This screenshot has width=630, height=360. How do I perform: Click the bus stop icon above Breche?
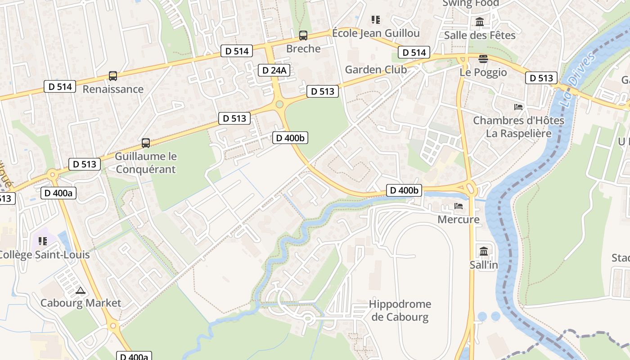click(303, 35)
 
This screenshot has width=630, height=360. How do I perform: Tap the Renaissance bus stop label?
click(113, 89)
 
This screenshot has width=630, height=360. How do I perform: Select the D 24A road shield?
click(274, 70)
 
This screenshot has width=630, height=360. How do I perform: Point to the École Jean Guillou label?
click(376, 33)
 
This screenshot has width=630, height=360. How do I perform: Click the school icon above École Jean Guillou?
click(376, 20)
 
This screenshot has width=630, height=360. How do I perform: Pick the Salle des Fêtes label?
click(480, 35)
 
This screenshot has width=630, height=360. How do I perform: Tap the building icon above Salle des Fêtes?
click(480, 22)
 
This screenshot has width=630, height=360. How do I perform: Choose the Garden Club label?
click(376, 70)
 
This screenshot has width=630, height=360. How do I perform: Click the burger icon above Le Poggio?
click(483, 59)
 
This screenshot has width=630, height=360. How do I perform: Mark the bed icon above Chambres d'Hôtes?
click(518, 107)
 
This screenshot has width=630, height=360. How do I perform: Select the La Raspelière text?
click(518, 134)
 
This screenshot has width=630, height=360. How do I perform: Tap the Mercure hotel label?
click(459, 220)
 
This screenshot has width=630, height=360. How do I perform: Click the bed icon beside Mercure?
click(459, 206)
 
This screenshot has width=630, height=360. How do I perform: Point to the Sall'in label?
click(484, 265)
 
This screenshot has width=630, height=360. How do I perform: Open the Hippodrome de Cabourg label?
click(400, 310)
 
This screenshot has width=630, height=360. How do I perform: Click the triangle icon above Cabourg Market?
click(81, 291)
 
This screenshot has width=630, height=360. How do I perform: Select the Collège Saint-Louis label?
click(44, 255)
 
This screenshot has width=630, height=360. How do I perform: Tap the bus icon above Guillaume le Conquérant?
click(146, 143)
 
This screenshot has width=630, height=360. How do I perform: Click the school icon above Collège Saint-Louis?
click(43, 241)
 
